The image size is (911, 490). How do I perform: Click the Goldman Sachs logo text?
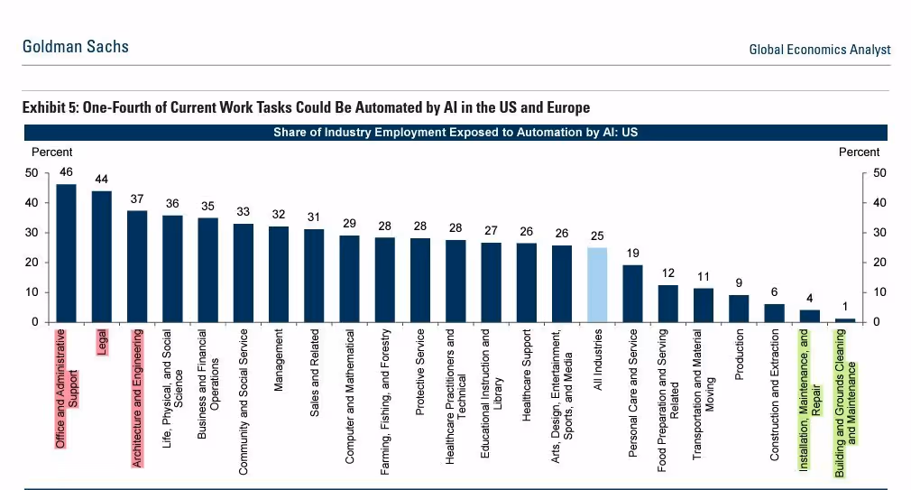coord(76,47)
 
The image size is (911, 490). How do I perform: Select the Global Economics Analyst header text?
coord(819,50)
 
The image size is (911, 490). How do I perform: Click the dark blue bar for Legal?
coord(102,256)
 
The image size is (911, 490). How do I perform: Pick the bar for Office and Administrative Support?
coord(66,253)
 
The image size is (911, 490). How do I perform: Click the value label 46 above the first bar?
coord(66,171)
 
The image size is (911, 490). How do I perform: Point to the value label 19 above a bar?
coord(633,253)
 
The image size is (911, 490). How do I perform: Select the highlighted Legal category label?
coord(102,342)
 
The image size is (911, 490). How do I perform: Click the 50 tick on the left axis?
coord(32,172)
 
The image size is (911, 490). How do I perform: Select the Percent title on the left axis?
coord(51,153)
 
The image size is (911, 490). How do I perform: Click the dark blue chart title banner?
coord(455,133)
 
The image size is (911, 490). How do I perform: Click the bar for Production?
coord(739,309)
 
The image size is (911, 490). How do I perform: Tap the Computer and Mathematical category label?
coord(350,396)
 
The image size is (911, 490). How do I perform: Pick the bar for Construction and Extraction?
coord(774,312)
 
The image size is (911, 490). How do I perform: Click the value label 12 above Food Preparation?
coord(668,273)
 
